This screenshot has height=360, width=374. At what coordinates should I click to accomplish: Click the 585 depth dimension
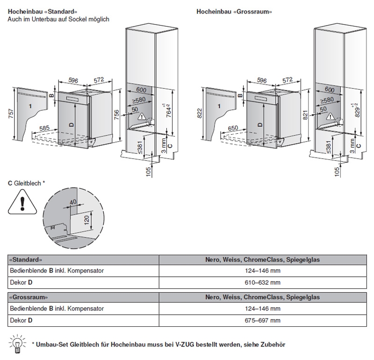(x=45, y=128)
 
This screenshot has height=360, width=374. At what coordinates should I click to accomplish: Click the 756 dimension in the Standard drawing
(x=117, y=114)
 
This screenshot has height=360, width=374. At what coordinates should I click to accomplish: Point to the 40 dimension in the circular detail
(x=72, y=202)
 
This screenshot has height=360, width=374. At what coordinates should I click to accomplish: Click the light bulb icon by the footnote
(x=17, y=343)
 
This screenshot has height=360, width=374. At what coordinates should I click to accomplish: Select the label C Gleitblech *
(x=26, y=184)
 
